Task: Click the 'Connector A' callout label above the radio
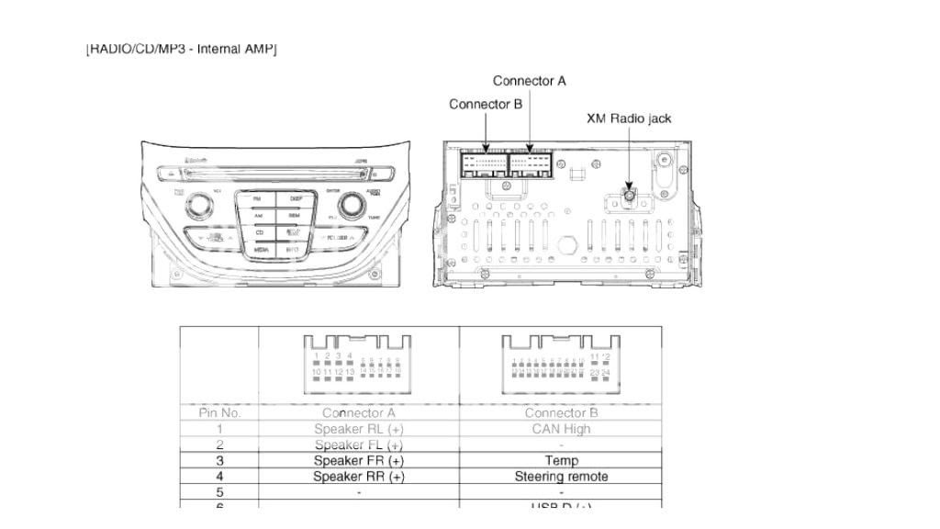[529, 81]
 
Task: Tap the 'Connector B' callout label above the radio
[485, 104]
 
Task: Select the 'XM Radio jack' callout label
[629, 118]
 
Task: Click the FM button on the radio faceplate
[257, 198]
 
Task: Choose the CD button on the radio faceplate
[260, 232]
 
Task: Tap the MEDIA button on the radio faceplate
[261, 249]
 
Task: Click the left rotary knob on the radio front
[198, 207]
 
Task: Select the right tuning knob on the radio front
[350, 207]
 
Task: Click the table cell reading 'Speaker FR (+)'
[359, 460]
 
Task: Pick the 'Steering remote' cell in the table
[561, 477]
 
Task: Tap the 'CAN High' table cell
[561, 429]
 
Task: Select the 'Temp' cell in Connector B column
[561, 460]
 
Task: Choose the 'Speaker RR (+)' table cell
[359, 477]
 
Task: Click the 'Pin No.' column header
[219, 412]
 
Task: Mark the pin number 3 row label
[219, 460]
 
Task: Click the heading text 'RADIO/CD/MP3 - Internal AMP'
[182, 48]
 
